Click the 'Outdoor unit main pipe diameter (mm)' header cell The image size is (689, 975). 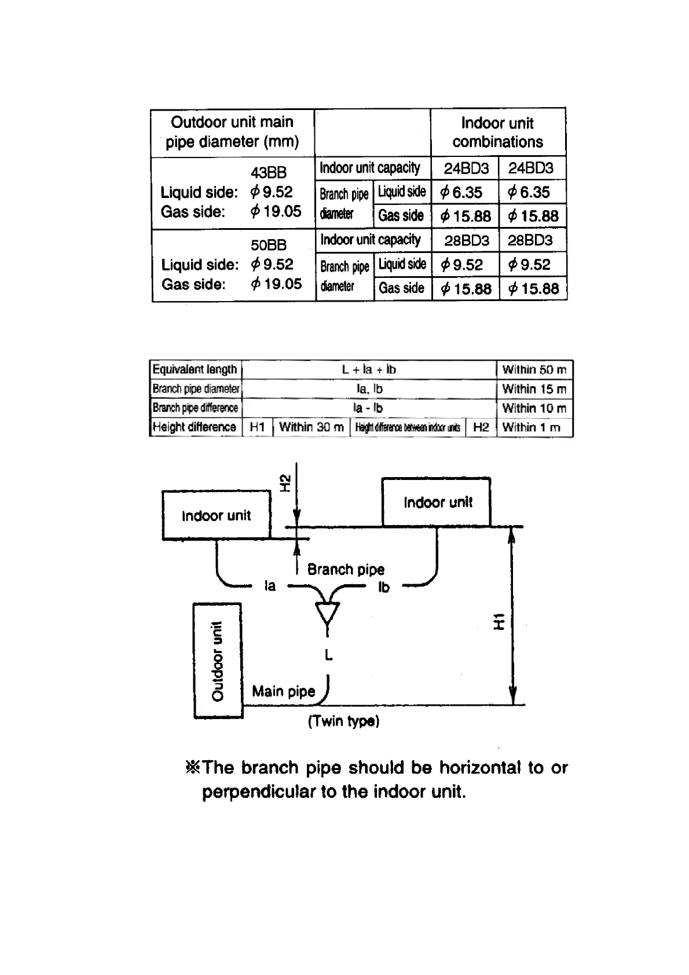point(232,132)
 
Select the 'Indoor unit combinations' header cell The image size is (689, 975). point(497,132)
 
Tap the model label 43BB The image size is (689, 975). point(268,172)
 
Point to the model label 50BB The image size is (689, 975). point(268,244)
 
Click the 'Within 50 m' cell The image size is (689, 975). point(534,369)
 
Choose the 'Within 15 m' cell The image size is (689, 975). point(534,389)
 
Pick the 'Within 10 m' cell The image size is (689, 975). point(534,408)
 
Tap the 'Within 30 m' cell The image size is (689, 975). point(311,427)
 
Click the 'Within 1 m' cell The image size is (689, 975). point(532,427)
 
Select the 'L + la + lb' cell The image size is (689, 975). point(369,369)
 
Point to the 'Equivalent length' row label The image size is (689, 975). point(195,369)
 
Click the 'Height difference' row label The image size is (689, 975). point(195,427)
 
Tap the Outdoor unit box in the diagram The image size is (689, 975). point(217,660)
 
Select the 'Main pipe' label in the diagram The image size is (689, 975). point(283,691)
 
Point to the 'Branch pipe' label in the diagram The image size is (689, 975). point(346,569)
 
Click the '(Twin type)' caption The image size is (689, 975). point(343,721)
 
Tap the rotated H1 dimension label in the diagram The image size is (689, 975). point(499,621)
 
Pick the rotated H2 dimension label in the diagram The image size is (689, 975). point(285,483)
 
